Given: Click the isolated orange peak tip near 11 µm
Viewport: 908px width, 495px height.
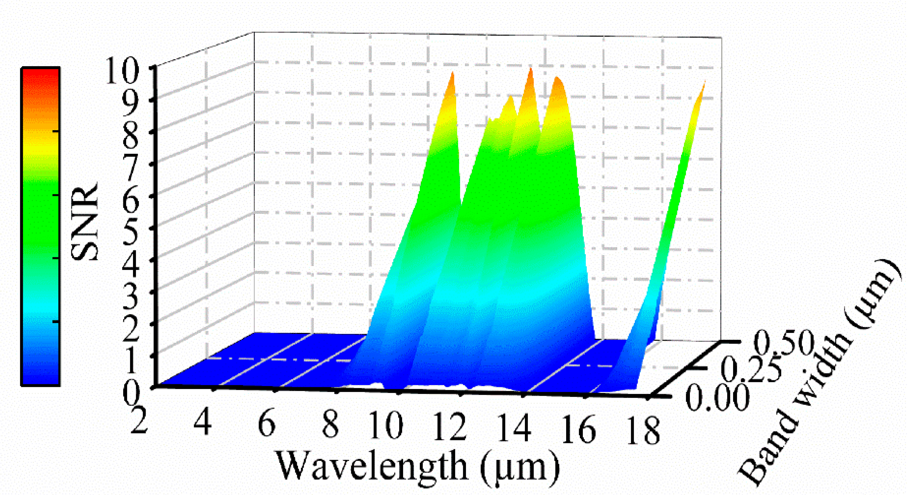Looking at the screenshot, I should pos(452,74).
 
